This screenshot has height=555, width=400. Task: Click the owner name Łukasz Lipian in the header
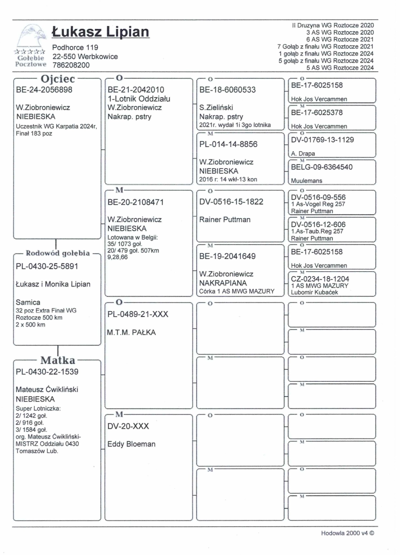pos(100,32)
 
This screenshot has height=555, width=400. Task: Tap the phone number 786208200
pos(71,65)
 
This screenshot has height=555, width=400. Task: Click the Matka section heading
pos(57,360)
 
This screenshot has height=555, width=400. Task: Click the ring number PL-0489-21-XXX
pos(138,314)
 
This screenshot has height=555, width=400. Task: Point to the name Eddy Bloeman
pos(131,444)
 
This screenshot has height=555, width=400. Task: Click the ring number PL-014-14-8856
pos(228,145)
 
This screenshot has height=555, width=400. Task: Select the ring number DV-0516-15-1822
pos(230,202)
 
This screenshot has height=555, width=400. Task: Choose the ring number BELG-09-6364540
pos(326,167)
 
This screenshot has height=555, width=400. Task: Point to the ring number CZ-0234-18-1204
pos(323,280)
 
